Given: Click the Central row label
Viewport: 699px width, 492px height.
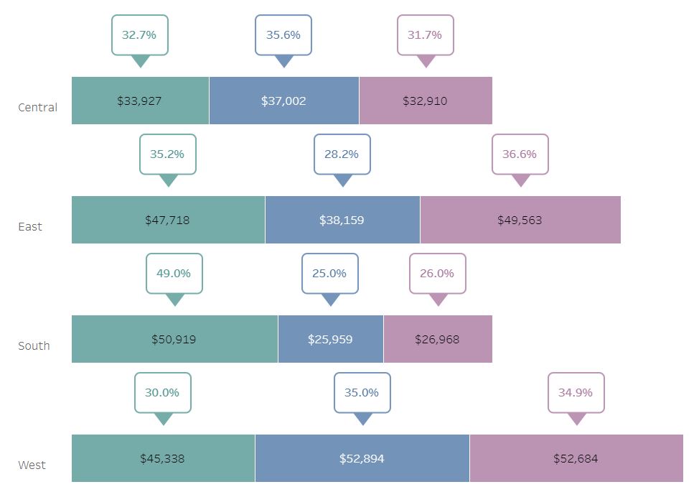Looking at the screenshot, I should [37, 108].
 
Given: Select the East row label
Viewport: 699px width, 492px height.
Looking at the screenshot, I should [30, 227].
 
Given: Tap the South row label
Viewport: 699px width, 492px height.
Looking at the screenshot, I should [34, 346].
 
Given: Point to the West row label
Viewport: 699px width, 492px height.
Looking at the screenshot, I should [32, 465].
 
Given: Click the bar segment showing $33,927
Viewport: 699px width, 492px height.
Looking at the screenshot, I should [140, 101].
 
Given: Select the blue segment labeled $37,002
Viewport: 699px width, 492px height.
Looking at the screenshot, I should [283, 101].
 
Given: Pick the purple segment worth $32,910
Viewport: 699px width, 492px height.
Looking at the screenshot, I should [425, 101].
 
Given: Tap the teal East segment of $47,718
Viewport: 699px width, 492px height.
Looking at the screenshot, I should [167, 220].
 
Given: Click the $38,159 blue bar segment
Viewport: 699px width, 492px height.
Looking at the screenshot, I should [342, 220].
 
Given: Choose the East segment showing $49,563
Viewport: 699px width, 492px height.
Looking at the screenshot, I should [520, 220].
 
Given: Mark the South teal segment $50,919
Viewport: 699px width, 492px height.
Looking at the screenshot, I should [174, 339].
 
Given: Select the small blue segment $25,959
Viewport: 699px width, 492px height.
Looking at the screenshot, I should [330, 339].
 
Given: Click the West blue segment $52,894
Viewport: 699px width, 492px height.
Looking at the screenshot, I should [362, 458].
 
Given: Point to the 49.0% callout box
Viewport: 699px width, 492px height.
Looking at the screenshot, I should [174, 274].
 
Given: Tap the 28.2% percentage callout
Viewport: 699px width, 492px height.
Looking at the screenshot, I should [342, 154].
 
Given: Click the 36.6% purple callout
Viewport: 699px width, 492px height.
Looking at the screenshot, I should [520, 154].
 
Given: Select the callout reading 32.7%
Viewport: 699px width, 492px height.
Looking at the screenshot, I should [139, 35].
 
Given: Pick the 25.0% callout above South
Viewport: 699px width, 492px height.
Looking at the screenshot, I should [329, 274].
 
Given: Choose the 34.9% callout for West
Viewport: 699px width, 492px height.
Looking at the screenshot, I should [576, 393].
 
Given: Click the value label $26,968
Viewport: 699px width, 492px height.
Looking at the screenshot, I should [437, 339].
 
